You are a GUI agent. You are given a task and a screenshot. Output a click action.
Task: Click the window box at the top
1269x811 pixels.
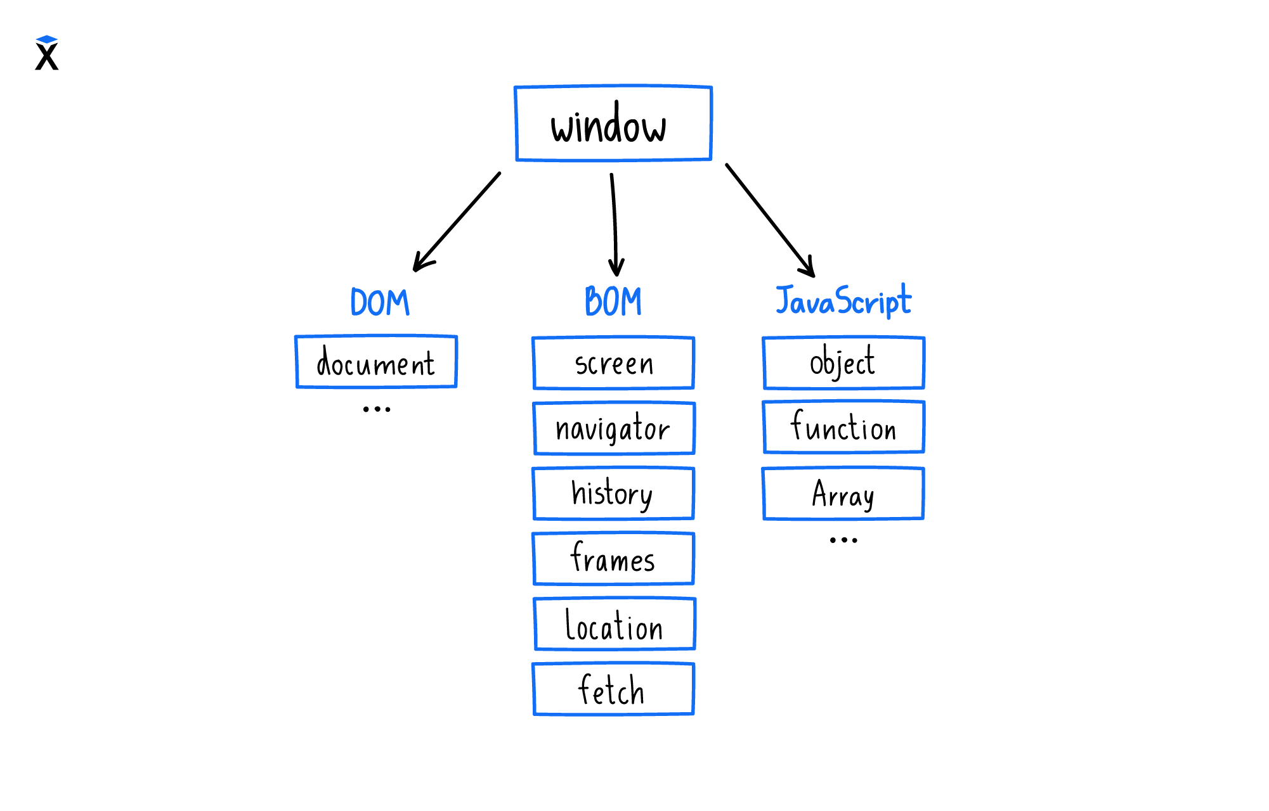click(613, 124)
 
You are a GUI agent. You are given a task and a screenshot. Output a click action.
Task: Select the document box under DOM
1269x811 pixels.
click(376, 362)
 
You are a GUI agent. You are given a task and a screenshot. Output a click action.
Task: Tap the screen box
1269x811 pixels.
click(613, 363)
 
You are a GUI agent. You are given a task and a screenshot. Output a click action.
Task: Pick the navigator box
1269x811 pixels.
click(614, 428)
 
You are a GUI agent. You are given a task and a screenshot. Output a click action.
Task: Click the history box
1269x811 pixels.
click(613, 494)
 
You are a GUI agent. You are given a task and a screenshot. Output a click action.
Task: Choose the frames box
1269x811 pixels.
click(613, 559)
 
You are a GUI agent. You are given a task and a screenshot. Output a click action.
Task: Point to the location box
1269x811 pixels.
click(615, 624)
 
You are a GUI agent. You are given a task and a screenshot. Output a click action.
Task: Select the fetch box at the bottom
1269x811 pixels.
click(613, 689)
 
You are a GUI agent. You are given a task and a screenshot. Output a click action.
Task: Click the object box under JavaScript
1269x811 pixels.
click(843, 363)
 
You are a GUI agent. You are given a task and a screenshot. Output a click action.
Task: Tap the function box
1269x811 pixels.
click(843, 427)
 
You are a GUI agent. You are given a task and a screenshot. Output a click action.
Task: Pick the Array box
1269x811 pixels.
click(843, 494)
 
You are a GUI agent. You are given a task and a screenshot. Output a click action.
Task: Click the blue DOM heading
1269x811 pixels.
click(380, 302)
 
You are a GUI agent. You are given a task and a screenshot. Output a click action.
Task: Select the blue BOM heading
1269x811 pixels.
click(613, 302)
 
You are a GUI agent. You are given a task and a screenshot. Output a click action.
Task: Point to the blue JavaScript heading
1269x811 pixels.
click(843, 301)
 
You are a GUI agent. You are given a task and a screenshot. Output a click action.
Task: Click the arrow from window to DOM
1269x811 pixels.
click(457, 222)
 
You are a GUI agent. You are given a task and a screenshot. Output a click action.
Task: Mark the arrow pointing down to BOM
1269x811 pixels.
click(614, 225)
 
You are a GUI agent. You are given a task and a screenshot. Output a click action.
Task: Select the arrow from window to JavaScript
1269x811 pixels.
click(770, 220)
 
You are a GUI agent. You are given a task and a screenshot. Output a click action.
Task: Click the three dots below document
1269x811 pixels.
click(377, 409)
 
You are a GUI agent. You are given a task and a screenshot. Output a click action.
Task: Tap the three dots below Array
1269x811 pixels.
click(843, 540)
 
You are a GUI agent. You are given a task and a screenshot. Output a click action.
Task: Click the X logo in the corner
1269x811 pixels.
click(47, 53)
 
